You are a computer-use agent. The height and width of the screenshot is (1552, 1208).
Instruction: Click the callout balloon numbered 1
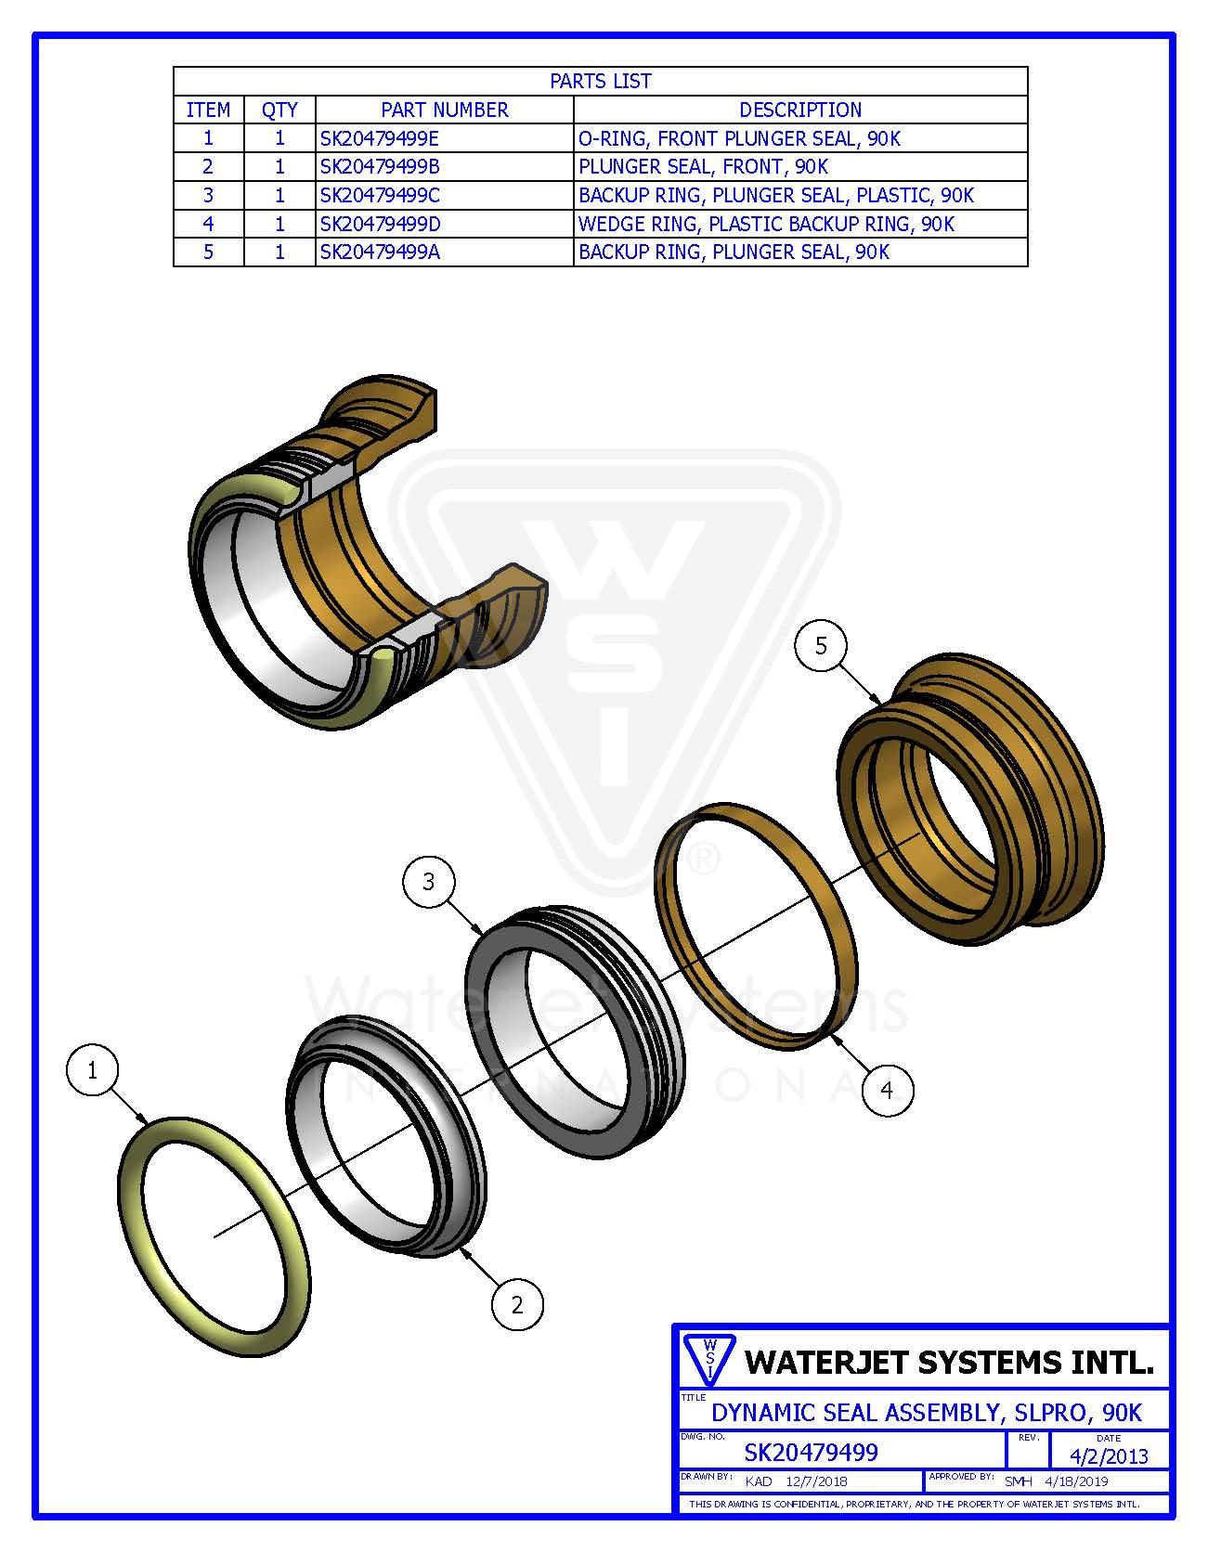[92, 1070]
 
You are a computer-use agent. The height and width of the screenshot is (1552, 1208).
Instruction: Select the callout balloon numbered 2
[517, 1305]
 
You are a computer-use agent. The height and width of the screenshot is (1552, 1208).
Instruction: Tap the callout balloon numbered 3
[428, 881]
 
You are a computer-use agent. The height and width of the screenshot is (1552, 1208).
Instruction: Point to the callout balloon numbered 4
[887, 1089]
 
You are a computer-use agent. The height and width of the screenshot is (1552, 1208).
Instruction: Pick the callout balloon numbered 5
[821, 645]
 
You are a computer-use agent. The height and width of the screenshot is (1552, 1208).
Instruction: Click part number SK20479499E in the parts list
[380, 139]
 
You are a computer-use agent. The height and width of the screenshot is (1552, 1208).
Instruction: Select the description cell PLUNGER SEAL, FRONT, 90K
[703, 167]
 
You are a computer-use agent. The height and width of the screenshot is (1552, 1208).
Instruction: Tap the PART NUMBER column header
[445, 110]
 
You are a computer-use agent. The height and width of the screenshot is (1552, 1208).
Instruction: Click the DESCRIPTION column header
[800, 110]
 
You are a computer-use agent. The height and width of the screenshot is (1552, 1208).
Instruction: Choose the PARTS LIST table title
[601, 81]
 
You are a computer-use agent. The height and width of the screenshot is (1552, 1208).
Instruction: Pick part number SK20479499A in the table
[380, 252]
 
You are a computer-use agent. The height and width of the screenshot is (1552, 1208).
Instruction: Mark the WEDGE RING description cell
[766, 224]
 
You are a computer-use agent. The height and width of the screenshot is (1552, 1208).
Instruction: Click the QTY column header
[279, 110]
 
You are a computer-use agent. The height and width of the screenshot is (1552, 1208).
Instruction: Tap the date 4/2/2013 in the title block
[1110, 1456]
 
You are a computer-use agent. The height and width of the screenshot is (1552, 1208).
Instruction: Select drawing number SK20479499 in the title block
[812, 1452]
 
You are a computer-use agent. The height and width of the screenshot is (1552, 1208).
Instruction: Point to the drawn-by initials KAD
[760, 1481]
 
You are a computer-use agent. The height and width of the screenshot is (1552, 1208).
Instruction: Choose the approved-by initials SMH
[1018, 1481]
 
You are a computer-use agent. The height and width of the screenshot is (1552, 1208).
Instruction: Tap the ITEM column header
[208, 110]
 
